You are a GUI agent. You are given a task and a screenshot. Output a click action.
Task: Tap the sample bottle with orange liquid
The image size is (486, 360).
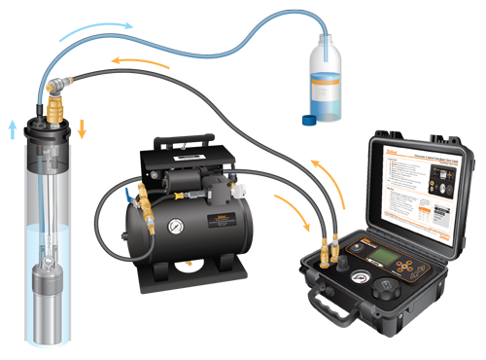point(325,92)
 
